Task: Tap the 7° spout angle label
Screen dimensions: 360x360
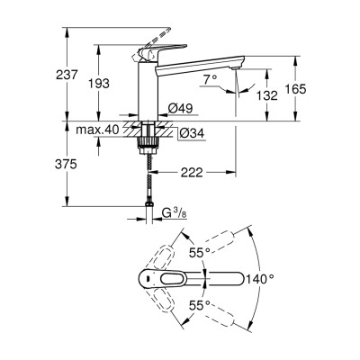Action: (x=209, y=80)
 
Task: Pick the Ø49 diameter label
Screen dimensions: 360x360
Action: (x=181, y=109)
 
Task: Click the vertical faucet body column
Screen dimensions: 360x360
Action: (x=145, y=90)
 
